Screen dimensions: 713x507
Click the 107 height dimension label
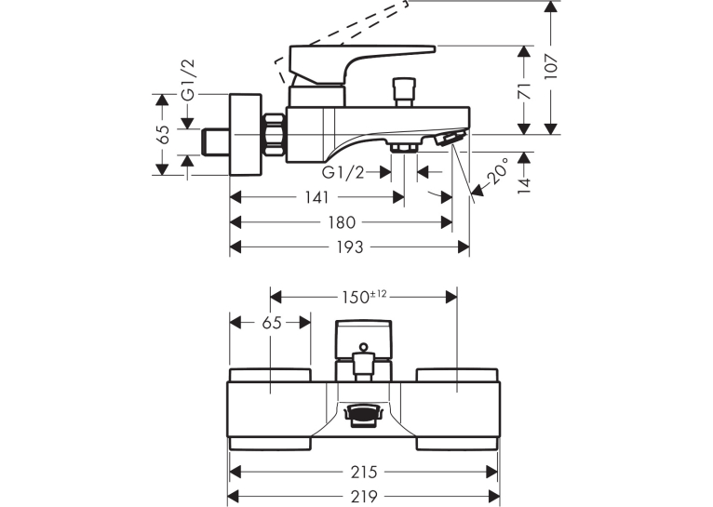click(x=551, y=67)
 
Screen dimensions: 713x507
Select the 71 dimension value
click(x=525, y=91)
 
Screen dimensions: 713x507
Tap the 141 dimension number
click(x=316, y=197)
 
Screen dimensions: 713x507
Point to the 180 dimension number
click(x=342, y=222)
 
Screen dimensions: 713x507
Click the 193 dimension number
click(x=350, y=247)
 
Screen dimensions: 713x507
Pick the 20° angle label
click(x=497, y=170)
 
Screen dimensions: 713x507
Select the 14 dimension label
click(x=525, y=185)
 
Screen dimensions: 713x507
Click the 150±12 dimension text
click(x=364, y=297)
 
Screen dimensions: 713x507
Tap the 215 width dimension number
click(x=364, y=472)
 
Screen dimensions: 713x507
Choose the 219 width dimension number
click(x=364, y=496)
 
